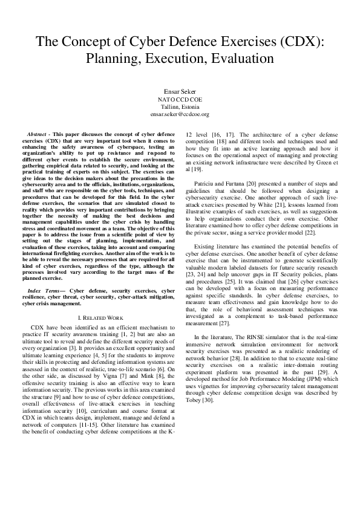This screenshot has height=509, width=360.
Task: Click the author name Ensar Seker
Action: click(x=180, y=91)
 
